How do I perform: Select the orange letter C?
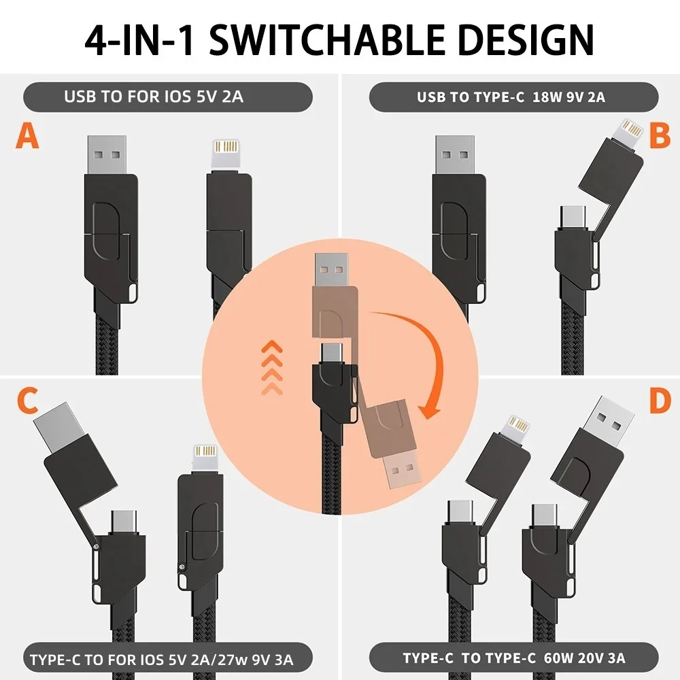pos(27,402)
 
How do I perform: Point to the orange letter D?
pos(659,401)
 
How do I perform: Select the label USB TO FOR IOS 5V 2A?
pos(153,97)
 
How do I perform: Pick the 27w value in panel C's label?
pos(233,660)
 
